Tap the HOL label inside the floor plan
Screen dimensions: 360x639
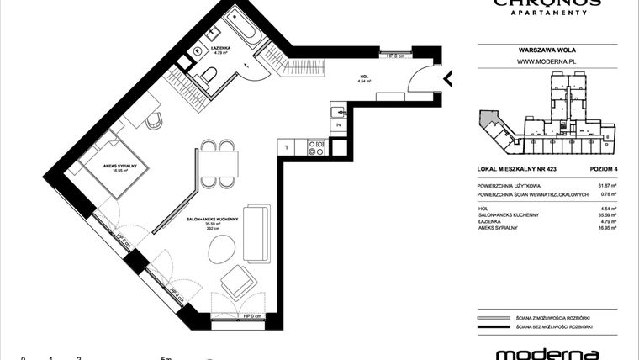coord(363,78)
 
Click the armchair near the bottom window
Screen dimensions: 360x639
coord(237,281)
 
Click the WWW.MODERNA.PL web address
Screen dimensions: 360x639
coord(546,61)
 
